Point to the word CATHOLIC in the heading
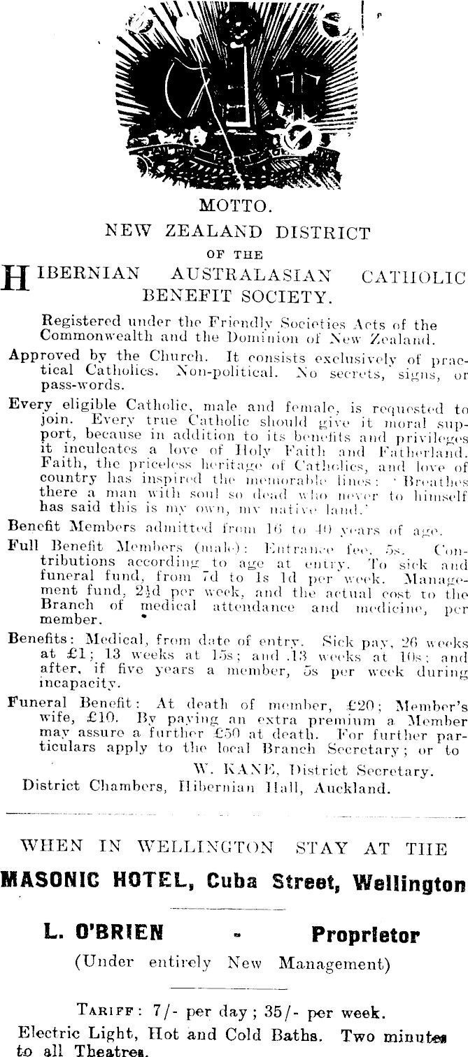(412, 277)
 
